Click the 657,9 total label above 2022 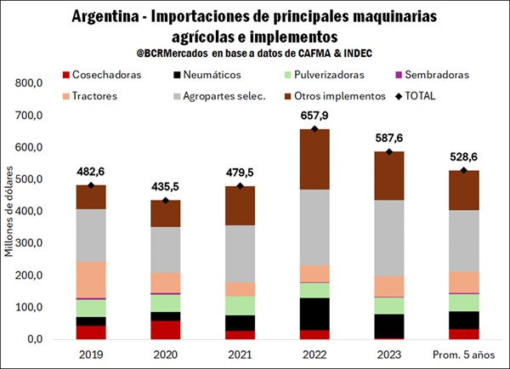315,116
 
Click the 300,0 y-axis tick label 29,243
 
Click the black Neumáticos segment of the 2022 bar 315,314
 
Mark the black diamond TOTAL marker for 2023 390,152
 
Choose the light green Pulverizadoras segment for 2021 241,305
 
